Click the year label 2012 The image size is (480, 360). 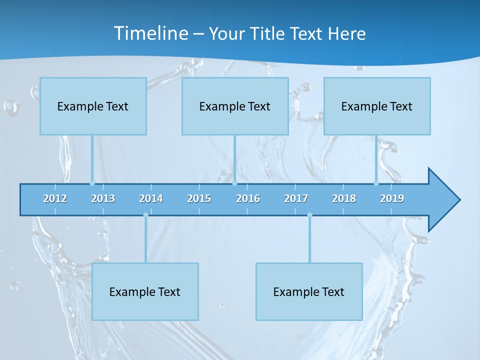pos(55,198)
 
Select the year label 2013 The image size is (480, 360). pos(103,198)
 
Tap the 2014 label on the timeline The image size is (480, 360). pos(151,198)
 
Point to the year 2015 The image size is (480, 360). pos(199,198)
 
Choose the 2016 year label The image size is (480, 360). pos(248,198)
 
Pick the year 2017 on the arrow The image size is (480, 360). pos(296,198)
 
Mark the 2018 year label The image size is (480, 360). pos(344,198)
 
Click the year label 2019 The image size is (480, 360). pos(392,198)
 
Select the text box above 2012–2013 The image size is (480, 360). pos(93,106)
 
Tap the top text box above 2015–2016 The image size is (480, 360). pos(235,106)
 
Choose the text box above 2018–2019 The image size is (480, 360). pos(377,106)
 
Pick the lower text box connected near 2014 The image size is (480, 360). pos(145,291)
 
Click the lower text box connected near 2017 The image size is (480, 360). pos(309,291)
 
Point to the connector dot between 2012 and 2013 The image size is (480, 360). pos(92,183)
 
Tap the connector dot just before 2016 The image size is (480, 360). pos(234,183)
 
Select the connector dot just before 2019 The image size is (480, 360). pos(376,183)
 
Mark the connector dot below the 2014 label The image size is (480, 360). pos(145,215)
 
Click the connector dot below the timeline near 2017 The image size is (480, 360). pos(309,215)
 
